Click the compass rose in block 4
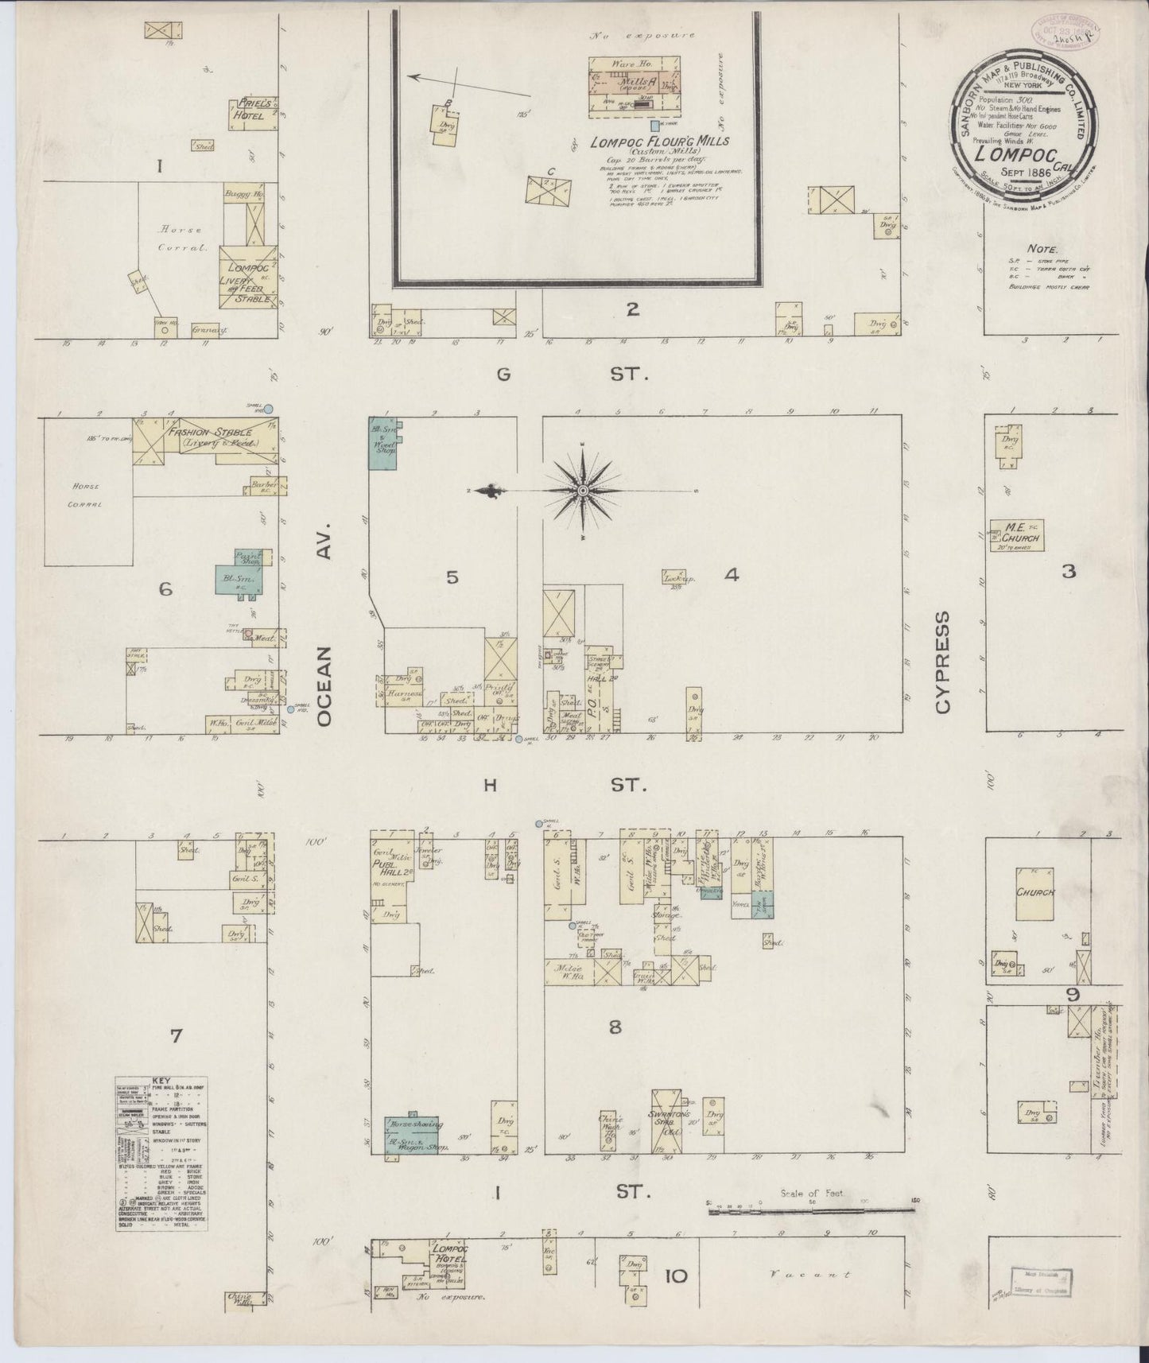tap(583, 491)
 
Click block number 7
tap(177, 1035)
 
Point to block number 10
tap(675, 1277)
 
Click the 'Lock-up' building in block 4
tap(674, 578)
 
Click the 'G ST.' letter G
tap(503, 374)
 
